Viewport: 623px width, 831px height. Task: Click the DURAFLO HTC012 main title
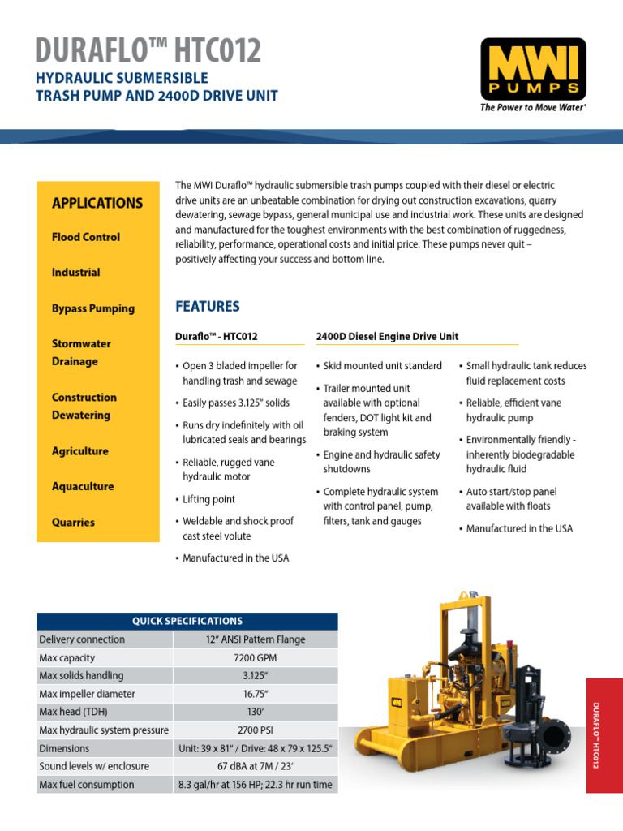(148, 50)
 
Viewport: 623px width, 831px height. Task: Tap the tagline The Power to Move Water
(533, 108)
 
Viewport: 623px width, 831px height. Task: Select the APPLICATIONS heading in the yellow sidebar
(97, 203)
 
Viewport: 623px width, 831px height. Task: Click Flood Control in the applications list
(86, 237)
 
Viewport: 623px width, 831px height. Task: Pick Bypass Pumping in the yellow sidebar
(93, 308)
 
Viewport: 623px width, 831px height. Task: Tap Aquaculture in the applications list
(83, 487)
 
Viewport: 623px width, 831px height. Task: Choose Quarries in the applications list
(73, 523)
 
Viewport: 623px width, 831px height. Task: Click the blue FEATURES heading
(208, 307)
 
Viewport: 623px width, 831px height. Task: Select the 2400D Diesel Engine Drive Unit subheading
(387, 336)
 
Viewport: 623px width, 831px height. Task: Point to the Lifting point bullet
(208, 499)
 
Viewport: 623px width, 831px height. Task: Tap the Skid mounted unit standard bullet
(382, 366)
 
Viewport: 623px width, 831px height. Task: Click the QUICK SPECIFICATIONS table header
(187, 622)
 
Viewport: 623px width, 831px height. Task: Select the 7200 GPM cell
(256, 657)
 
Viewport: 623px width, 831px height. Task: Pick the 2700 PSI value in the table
(256, 730)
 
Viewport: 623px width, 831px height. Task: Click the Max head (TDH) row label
(76, 712)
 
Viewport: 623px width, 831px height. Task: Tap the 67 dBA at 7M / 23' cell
(256, 766)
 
